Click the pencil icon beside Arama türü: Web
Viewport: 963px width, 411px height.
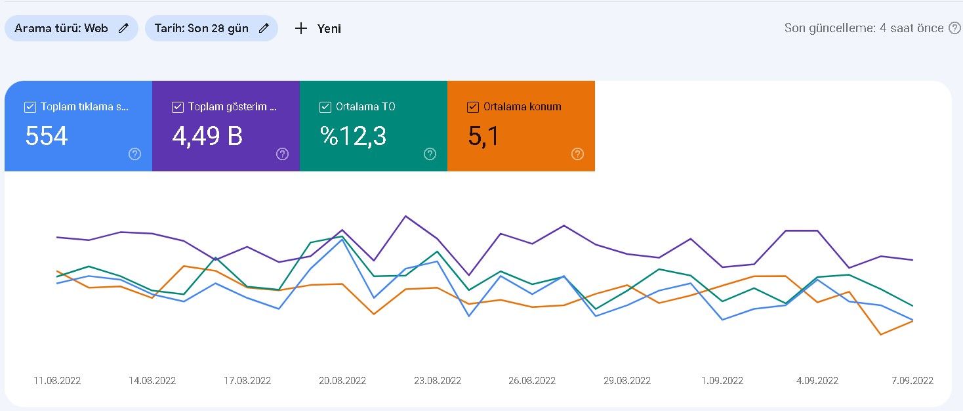[x=123, y=28]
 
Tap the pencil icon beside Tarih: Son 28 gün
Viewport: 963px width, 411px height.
[x=264, y=28]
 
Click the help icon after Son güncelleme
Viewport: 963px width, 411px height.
[x=954, y=28]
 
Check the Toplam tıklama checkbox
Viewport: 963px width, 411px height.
[x=30, y=107]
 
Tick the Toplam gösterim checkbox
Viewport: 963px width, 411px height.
[x=178, y=107]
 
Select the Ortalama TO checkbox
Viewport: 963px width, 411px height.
[x=325, y=107]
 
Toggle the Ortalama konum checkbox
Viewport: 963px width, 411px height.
[x=472, y=107]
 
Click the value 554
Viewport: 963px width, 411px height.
[x=47, y=136]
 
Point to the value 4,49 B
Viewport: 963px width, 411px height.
[x=207, y=137]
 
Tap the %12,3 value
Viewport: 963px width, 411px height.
[x=354, y=137]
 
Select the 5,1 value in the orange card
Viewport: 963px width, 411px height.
[x=483, y=137]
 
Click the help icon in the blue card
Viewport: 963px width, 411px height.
[x=134, y=154]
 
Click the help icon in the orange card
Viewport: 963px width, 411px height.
[x=577, y=154]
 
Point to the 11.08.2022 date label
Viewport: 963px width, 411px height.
[x=57, y=381]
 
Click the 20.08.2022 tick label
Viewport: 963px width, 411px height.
[x=342, y=381]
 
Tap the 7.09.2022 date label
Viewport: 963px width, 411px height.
[x=912, y=381]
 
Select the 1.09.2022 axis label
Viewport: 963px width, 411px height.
[x=722, y=381]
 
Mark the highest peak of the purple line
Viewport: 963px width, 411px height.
[x=406, y=216]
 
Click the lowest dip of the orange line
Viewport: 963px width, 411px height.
[x=881, y=334]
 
